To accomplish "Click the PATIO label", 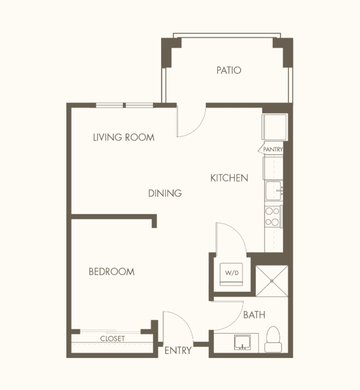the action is pyautogui.click(x=229, y=70).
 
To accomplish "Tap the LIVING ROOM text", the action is pyautogui.click(x=124, y=137).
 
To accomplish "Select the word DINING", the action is pyautogui.click(x=165, y=193).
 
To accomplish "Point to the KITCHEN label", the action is pyautogui.click(x=229, y=178).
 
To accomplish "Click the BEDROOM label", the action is pyautogui.click(x=112, y=272).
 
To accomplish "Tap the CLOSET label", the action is pyautogui.click(x=113, y=338).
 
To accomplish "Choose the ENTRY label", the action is pyautogui.click(x=178, y=350).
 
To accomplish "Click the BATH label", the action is pyautogui.click(x=254, y=315).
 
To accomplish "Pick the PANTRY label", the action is pyautogui.click(x=273, y=149).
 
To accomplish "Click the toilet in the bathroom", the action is pyautogui.click(x=273, y=339).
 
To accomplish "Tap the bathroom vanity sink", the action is pyautogui.click(x=242, y=342).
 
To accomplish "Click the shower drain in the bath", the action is pyautogui.click(x=272, y=281).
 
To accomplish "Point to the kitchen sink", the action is pyautogui.click(x=274, y=191).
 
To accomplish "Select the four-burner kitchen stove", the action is pyautogui.click(x=272, y=216).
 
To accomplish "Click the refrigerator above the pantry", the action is pyautogui.click(x=275, y=127).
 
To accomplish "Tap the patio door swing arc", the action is pyautogui.click(x=198, y=127).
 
